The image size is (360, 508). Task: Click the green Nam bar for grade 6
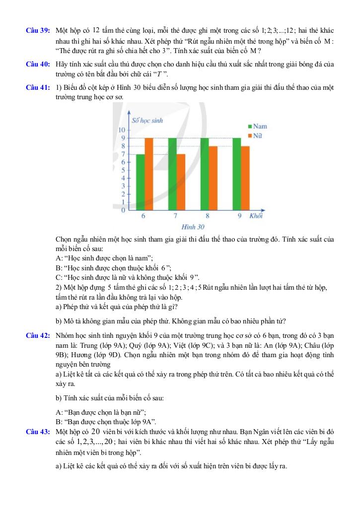click(141, 182)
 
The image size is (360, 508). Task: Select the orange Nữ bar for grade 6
click(149, 174)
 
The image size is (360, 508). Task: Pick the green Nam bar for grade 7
click(172, 174)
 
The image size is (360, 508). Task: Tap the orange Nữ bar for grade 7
click(181, 182)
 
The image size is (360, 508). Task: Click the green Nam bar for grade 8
click(205, 174)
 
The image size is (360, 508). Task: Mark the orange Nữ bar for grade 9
click(245, 178)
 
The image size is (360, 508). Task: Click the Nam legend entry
click(257, 127)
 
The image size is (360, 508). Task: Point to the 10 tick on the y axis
click(122, 130)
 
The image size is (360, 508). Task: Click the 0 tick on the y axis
click(123, 210)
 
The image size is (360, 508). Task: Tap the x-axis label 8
click(208, 216)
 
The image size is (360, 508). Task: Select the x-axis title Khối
click(256, 216)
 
